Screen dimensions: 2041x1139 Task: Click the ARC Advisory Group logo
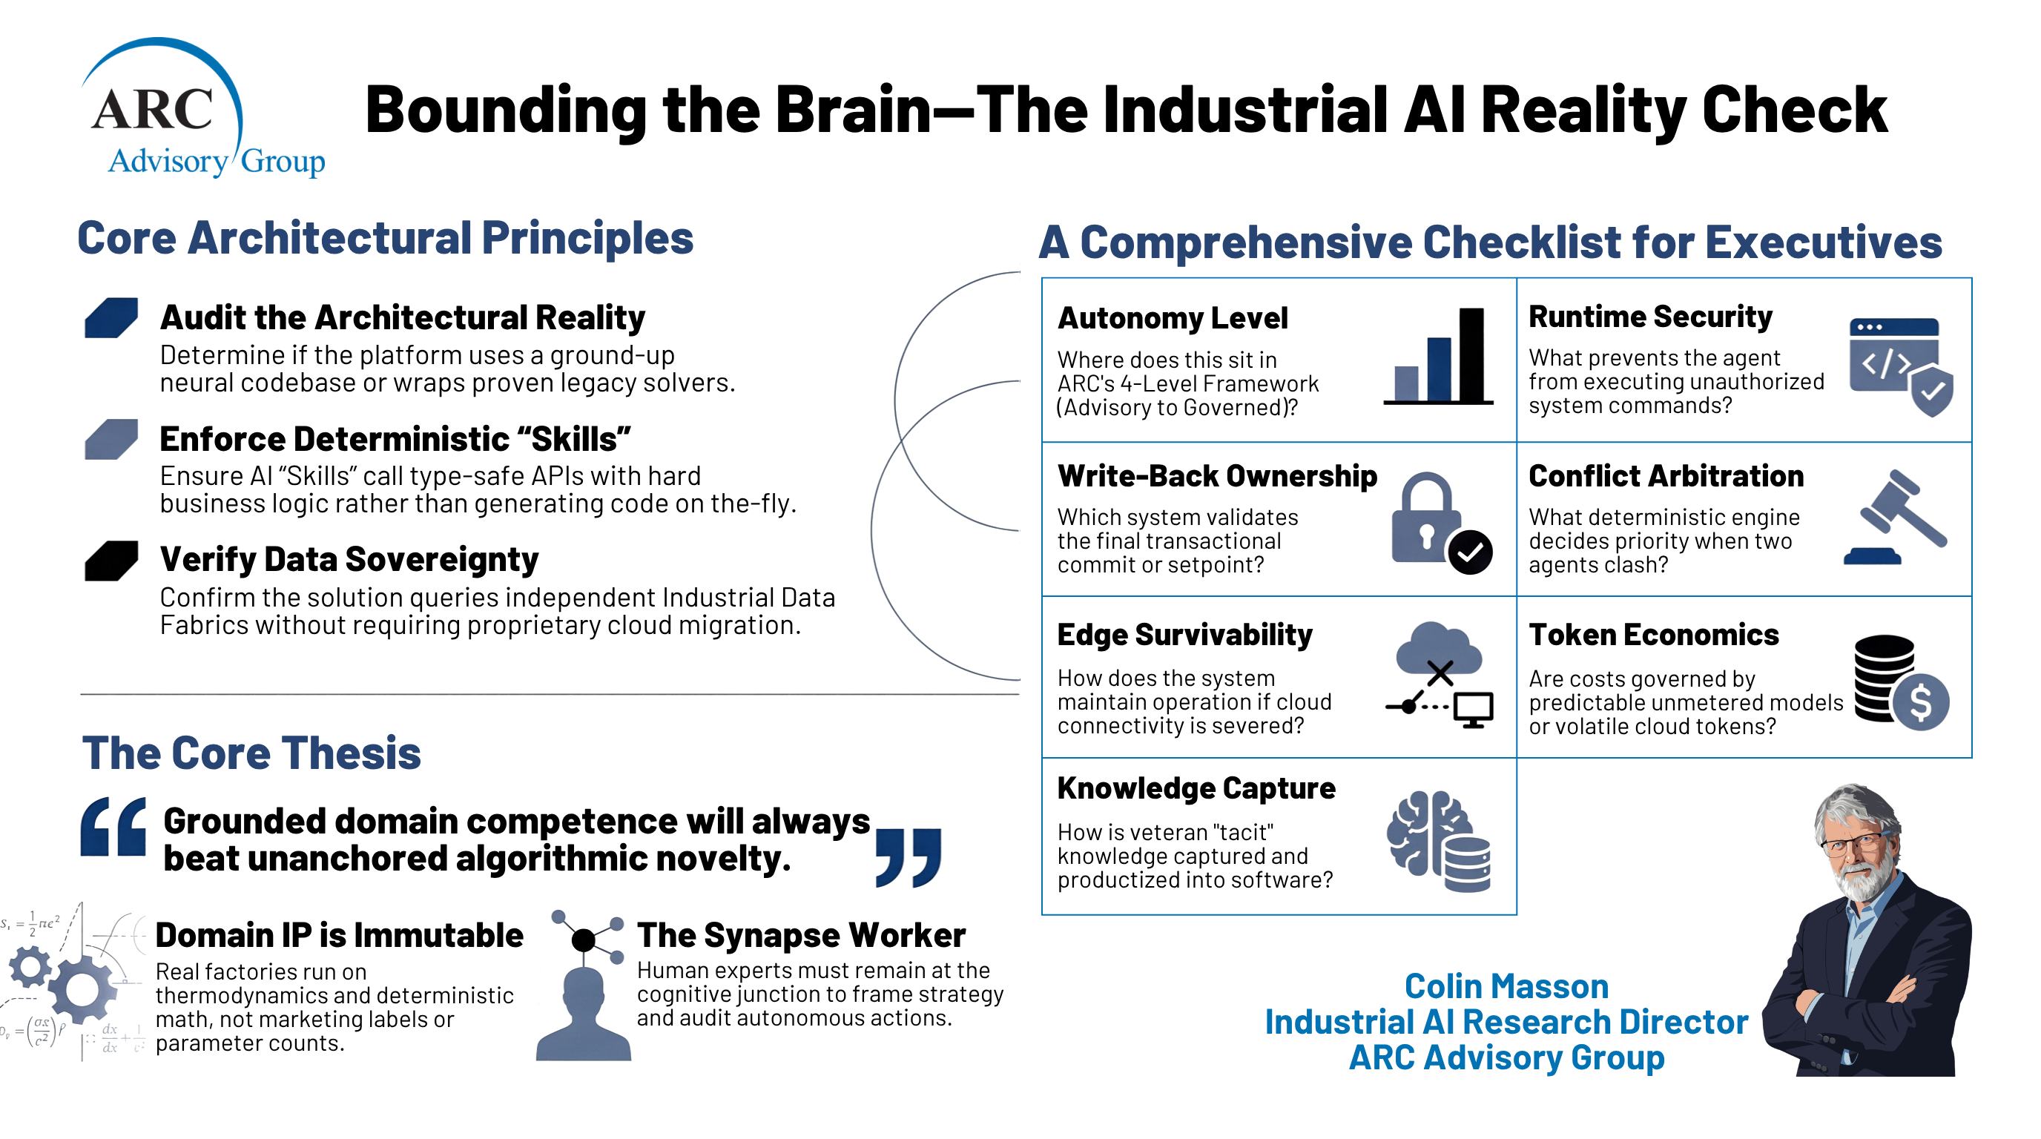click(202, 108)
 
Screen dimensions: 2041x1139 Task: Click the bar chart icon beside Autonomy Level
click(1439, 356)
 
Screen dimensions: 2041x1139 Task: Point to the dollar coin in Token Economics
click(1921, 701)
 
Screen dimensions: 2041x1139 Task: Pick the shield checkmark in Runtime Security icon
click(1932, 391)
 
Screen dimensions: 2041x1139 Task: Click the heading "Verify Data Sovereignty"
click(349, 559)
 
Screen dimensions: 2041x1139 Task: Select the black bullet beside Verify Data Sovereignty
click(111, 561)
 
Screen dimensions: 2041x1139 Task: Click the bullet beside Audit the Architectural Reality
click(111, 317)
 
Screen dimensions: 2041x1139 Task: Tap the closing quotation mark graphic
click(909, 858)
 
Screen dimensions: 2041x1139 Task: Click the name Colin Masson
click(1506, 986)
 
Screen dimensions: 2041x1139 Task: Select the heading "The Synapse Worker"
click(801, 935)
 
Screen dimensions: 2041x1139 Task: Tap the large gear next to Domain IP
click(82, 989)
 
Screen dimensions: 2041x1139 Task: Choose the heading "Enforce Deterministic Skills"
click(395, 439)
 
